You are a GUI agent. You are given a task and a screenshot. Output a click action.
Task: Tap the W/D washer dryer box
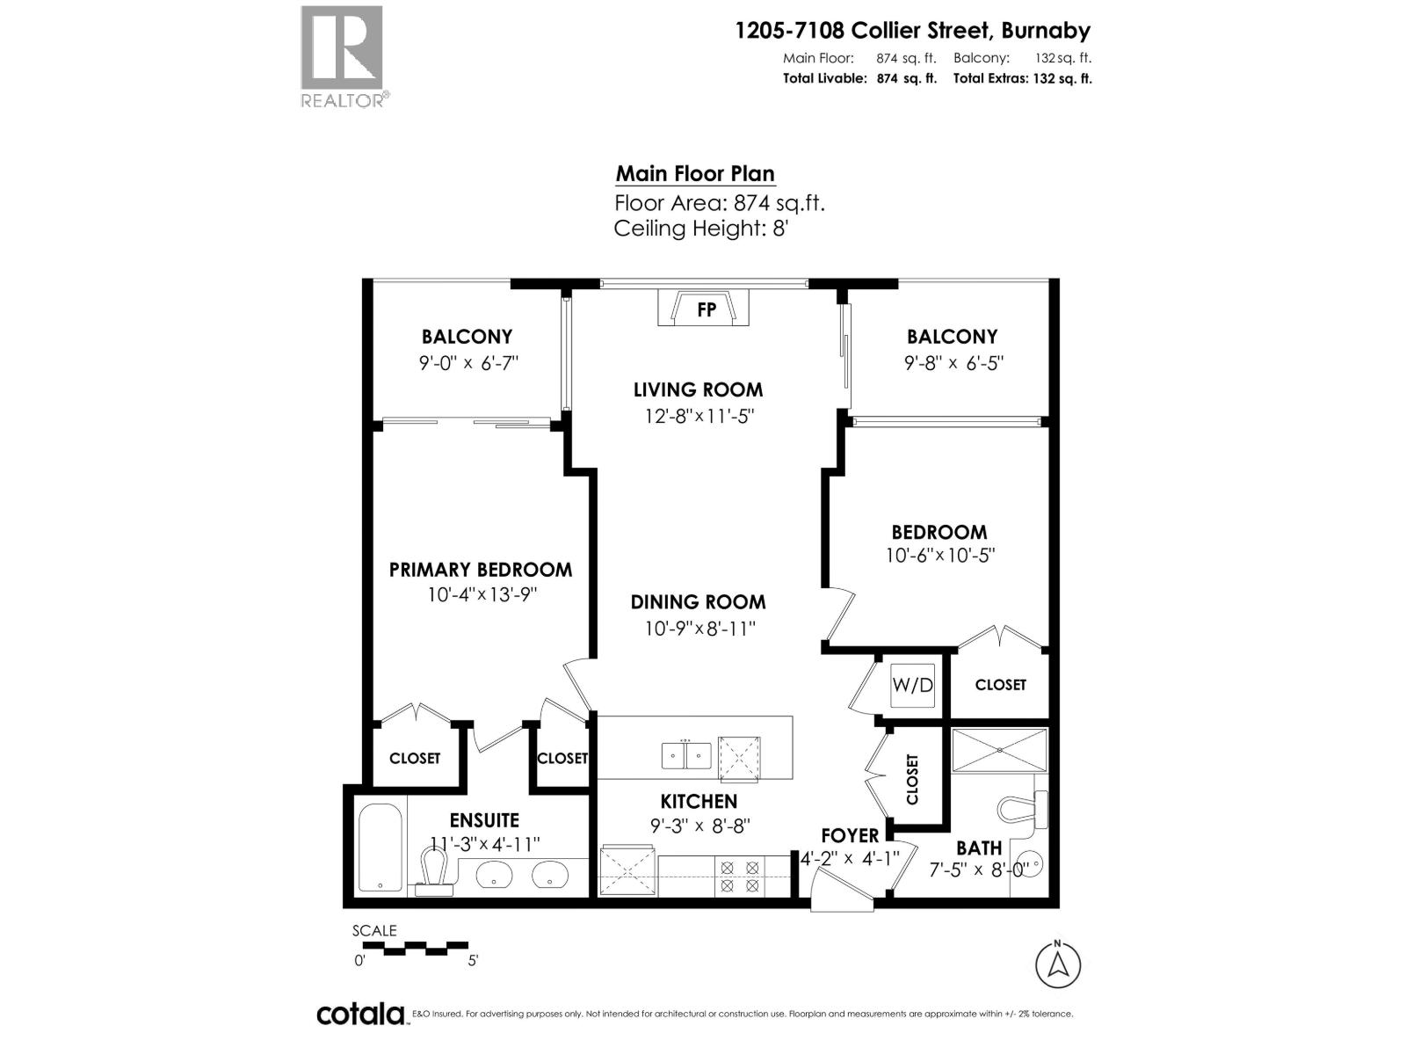[912, 685]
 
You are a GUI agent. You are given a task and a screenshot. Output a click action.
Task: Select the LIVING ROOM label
[698, 389]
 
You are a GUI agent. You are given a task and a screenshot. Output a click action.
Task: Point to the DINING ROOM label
[698, 602]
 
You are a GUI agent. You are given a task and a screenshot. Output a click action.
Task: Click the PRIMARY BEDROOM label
[480, 570]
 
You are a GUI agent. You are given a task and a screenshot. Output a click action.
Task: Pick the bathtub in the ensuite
[380, 847]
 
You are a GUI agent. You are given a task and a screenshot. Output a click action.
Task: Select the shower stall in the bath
[999, 750]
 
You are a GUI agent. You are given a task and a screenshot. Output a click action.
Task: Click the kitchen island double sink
[686, 755]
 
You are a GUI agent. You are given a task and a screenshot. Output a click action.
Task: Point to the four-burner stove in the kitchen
[740, 876]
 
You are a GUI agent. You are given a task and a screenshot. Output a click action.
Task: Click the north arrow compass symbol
[1058, 964]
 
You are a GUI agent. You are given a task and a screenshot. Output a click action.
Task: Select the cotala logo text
[360, 1014]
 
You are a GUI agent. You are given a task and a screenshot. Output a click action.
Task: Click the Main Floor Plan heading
[695, 173]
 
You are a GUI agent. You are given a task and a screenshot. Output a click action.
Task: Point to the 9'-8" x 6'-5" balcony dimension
[953, 362]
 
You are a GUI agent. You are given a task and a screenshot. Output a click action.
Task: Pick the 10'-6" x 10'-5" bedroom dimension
[939, 556]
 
